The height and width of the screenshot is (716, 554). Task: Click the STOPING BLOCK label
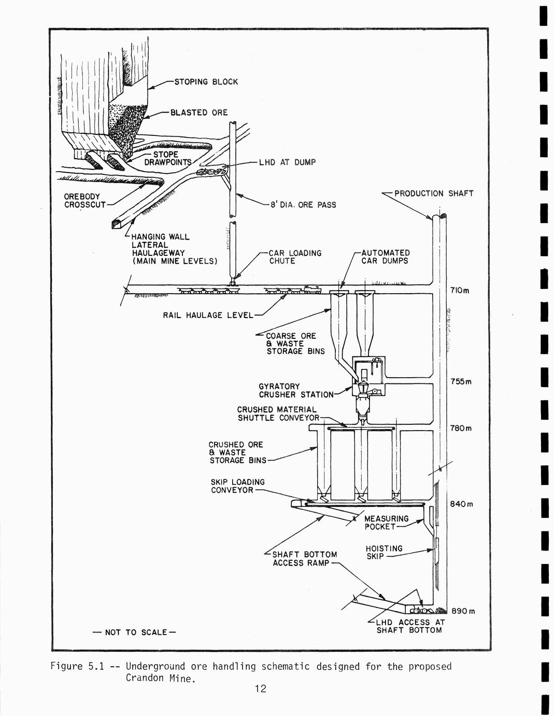(206, 82)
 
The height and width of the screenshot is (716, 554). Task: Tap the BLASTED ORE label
(199, 113)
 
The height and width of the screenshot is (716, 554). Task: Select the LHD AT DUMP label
(287, 162)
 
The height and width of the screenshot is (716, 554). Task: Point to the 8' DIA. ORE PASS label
(303, 205)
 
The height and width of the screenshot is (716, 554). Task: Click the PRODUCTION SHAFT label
(434, 194)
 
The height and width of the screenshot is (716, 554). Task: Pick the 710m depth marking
(460, 291)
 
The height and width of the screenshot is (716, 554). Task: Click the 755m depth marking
(461, 382)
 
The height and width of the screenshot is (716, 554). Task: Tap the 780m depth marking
(461, 429)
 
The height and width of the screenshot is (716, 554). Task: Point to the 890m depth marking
(463, 611)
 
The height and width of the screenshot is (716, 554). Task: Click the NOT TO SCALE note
(134, 632)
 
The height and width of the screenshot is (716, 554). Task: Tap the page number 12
(260, 689)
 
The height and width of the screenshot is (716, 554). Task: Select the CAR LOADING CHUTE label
(294, 257)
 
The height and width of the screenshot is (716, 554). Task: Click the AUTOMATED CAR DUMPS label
(385, 257)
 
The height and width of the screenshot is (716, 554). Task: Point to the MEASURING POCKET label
(386, 522)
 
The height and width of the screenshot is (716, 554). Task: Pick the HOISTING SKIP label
(383, 553)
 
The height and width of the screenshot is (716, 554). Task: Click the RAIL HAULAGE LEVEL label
(208, 315)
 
